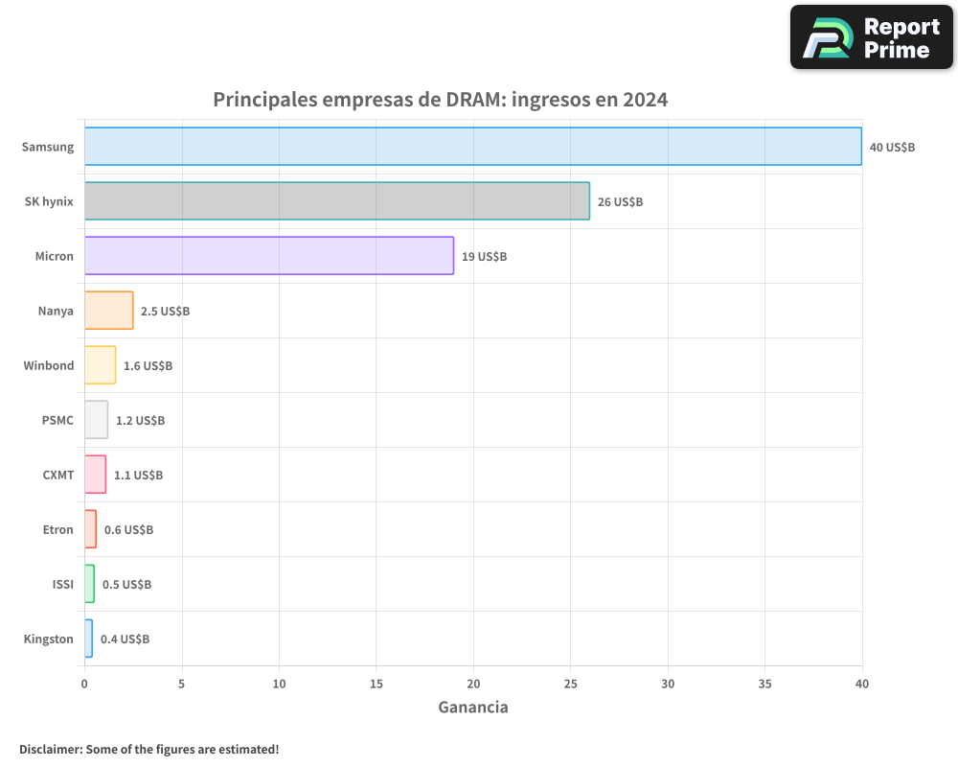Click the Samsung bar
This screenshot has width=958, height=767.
473,147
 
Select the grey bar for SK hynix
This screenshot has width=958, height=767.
337,201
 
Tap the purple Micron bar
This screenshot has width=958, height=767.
269,256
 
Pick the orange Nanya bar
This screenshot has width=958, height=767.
109,311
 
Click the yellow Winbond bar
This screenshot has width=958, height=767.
101,365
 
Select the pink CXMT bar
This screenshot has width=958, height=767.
96,475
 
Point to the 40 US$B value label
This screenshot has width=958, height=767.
892,148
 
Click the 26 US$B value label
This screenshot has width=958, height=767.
620,202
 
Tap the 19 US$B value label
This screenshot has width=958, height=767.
484,257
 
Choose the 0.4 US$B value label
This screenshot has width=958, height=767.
125,639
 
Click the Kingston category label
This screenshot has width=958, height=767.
49,639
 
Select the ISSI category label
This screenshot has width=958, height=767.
62,585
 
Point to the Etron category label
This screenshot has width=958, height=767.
57,530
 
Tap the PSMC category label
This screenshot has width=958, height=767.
57,421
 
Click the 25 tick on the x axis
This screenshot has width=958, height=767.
571,685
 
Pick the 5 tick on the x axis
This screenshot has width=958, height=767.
182,685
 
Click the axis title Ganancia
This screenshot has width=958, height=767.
473,708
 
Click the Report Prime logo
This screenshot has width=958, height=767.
871,37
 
